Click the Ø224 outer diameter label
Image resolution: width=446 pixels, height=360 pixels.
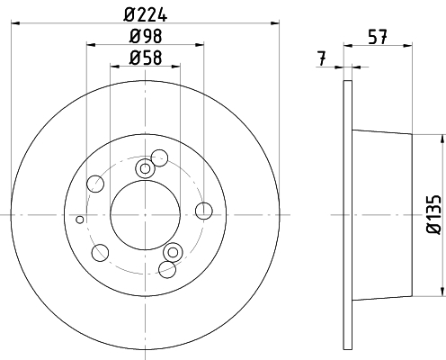[x=145, y=15]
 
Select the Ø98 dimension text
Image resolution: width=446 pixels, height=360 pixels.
[x=146, y=36]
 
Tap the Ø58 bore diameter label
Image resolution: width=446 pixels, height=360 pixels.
[x=146, y=58]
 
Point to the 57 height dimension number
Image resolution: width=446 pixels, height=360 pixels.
[x=378, y=37]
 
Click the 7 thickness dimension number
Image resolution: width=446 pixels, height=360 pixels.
[x=321, y=58]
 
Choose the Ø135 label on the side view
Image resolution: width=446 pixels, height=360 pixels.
[x=433, y=214]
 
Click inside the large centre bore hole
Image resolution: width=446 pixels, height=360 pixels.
[x=145, y=215]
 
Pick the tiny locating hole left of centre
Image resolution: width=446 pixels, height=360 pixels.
[x=80, y=220]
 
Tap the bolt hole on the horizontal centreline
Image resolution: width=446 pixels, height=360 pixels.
[x=204, y=211]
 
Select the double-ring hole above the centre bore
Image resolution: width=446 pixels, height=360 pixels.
[x=145, y=168]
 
